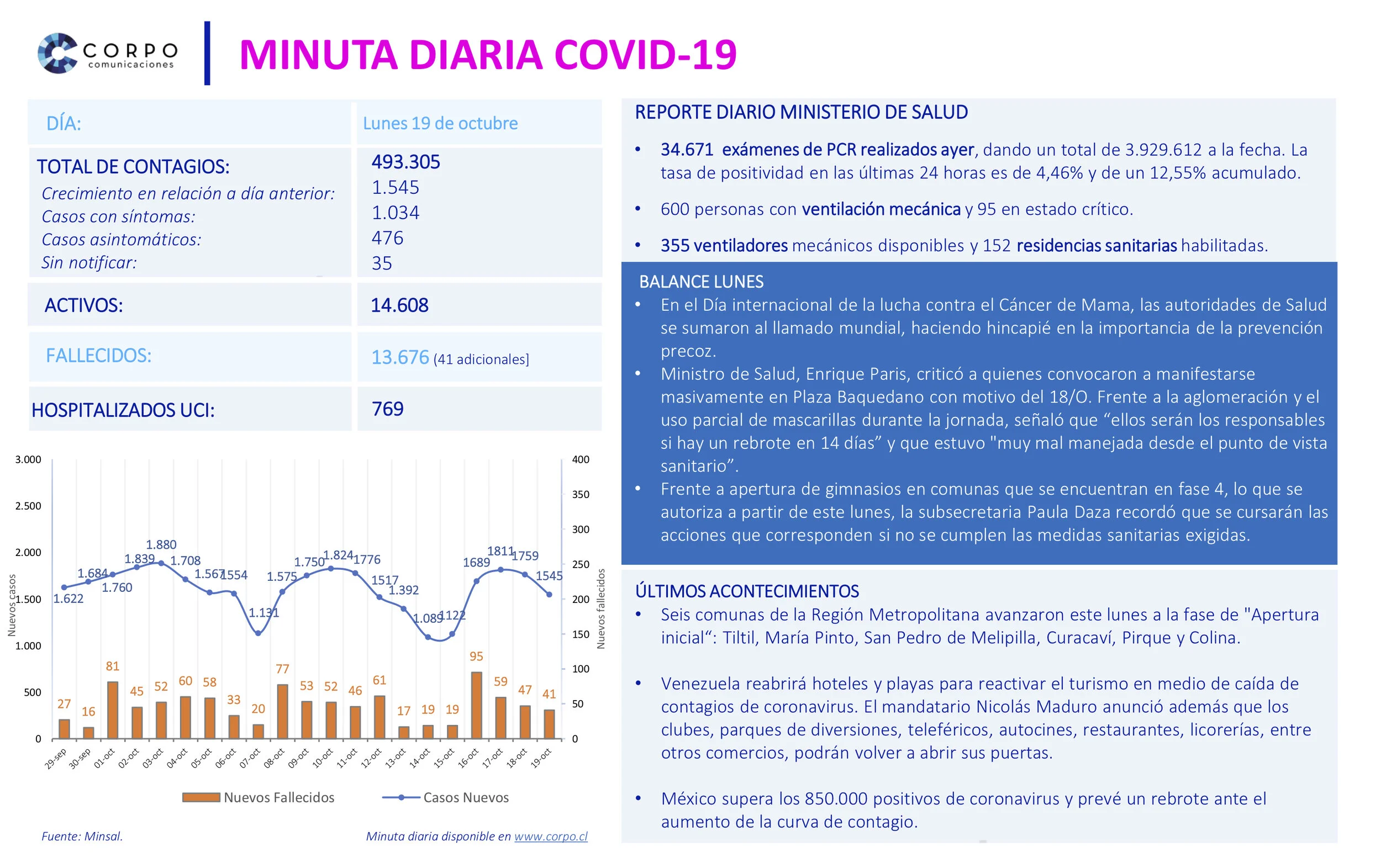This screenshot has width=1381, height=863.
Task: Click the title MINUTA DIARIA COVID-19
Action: [x=488, y=55]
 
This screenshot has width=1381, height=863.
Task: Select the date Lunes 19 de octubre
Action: [x=440, y=123]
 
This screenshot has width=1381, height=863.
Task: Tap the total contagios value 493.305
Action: [x=405, y=162]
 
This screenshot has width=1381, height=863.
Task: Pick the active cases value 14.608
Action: [x=399, y=305]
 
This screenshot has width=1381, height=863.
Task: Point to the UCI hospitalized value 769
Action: [x=387, y=409]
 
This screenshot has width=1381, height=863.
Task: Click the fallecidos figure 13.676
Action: [x=399, y=358]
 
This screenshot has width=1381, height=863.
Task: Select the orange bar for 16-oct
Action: [x=476, y=706]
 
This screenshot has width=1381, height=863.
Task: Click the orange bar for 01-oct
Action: [x=113, y=710]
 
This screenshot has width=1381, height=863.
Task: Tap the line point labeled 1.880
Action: [x=161, y=563]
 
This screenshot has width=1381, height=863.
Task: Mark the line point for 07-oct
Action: [x=258, y=633]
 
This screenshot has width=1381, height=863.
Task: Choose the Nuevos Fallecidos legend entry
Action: [x=259, y=797]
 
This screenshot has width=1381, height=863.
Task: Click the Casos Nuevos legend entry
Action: [x=445, y=797]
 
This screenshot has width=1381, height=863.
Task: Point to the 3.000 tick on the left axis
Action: [x=28, y=459]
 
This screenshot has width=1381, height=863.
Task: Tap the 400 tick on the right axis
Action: [x=581, y=459]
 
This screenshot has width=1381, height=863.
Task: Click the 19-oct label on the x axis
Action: [x=541, y=759]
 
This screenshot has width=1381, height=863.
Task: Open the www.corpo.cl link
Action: [x=550, y=836]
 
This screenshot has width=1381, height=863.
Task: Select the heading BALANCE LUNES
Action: [x=701, y=282]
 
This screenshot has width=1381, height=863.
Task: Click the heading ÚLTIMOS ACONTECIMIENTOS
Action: [x=747, y=591]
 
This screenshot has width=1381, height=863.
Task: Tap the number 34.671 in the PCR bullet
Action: [x=687, y=150]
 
